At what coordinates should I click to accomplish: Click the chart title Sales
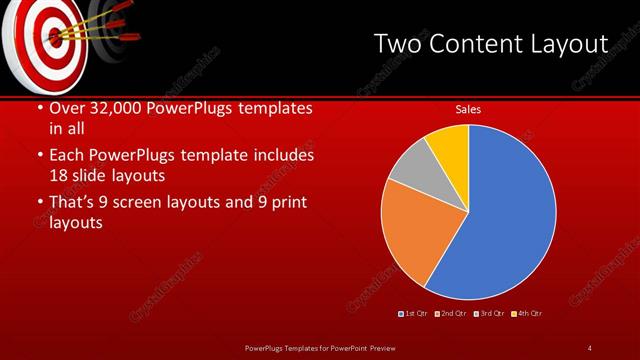pos(468,109)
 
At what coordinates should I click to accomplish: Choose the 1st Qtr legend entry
pos(414,314)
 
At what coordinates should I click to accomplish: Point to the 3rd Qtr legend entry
pos(488,314)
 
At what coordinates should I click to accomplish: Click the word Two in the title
pos(399,44)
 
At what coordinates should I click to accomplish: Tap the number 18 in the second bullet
pos(60,175)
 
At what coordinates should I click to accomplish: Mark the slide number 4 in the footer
pos(590,348)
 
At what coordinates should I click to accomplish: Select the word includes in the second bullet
pos(286,156)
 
